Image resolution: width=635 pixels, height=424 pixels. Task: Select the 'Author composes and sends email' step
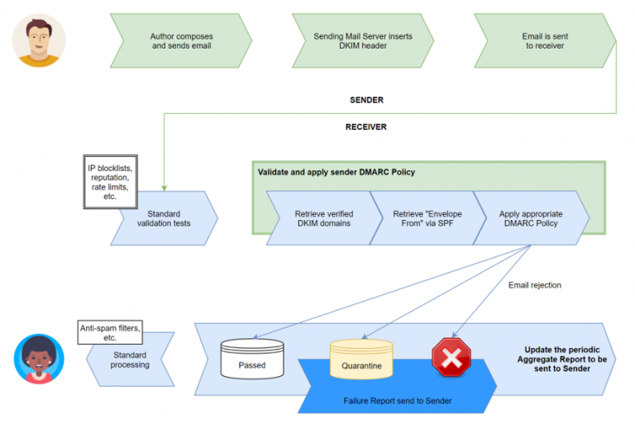click(180, 41)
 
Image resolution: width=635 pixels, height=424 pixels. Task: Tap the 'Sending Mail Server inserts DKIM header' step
click(362, 41)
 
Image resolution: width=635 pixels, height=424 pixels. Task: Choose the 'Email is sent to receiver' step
click(545, 41)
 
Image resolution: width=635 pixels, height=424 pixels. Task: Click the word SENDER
click(366, 100)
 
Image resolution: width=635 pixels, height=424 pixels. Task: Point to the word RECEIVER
click(366, 127)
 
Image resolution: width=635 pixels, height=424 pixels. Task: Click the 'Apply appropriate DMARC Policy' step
click(529, 218)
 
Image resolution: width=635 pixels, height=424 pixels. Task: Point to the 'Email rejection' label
click(534, 285)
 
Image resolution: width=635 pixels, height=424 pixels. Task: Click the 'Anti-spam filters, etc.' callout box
click(109, 332)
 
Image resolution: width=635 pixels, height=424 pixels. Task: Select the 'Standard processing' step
click(131, 360)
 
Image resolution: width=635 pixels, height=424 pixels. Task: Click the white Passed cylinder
click(252, 359)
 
